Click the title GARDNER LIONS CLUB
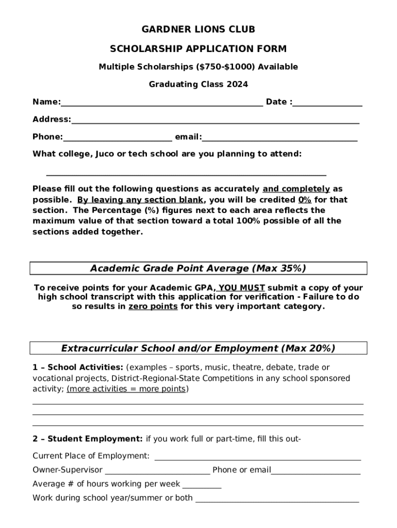pyautogui.click(x=198, y=30)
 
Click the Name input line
pyautogui.click(x=161, y=103)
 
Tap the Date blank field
pyautogui.click(x=327, y=103)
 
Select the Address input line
pyautogui.click(x=215, y=121)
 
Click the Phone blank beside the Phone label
pyautogui.click(x=118, y=138)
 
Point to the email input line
pyautogui.click(x=279, y=138)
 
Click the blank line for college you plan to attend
pyautogui.click(x=186, y=174)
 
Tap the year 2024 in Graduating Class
pyautogui.click(x=237, y=85)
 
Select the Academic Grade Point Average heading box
pyautogui.click(x=198, y=269)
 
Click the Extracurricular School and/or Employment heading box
pyautogui.click(x=198, y=349)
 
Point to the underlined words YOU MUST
pyautogui.click(x=242, y=288)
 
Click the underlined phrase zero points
pyautogui.click(x=153, y=307)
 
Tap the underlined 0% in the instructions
pyautogui.click(x=304, y=200)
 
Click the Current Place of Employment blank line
pyautogui.click(x=257, y=457)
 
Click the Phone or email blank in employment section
pyautogui.click(x=316, y=471)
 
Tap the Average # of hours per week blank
pyautogui.click(x=202, y=485)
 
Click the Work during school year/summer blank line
pyautogui.click(x=277, y=499)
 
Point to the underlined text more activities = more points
pyautogui.click(x=126, y=389)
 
